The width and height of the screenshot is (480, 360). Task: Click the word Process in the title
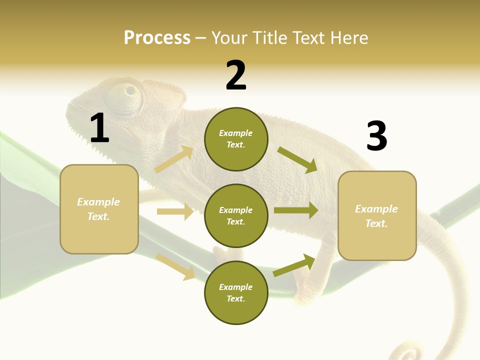tap(157, 37)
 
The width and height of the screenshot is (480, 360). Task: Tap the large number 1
tap(99, 128)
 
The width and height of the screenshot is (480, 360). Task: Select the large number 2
tap(236, 75)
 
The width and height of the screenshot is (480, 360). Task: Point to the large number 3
tap(376, 136)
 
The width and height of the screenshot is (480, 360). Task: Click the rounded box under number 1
tap(99, 209)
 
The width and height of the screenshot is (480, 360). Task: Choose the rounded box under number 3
tap(377, 215)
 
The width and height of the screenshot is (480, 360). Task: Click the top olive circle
tap(236, 139)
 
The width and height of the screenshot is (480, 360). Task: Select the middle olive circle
tap(236, 215)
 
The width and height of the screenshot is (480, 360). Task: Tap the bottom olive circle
tap(236, 292)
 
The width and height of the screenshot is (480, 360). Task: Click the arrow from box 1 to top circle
tap(174, 159)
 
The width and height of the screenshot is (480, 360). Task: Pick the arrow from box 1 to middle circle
tap(175, 211)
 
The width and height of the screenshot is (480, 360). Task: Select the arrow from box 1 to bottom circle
tap(176, 266)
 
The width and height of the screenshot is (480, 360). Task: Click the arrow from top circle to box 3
tap(297, 159)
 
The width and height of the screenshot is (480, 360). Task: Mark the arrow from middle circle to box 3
tap(296, 210)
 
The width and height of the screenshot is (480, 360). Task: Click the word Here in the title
tap(349, 37)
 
